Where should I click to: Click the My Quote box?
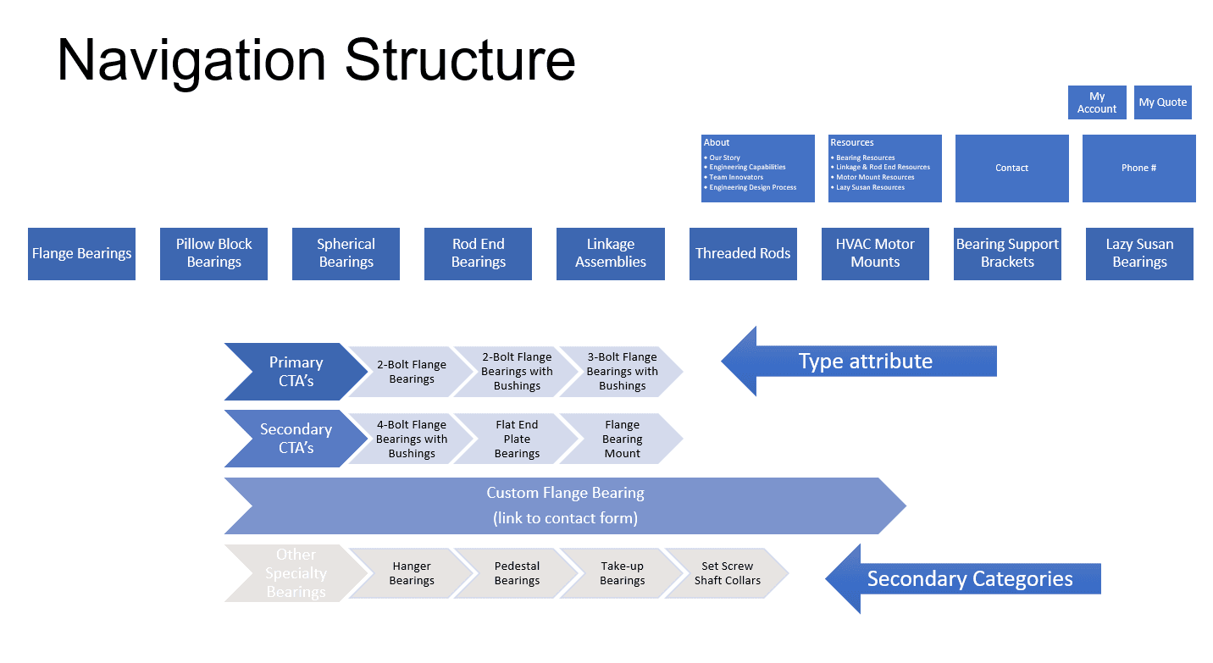pyautogui.click(x=1162, y=102)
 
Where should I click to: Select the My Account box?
pyautogui.click(x=1097, y=102)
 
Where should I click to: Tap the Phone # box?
pyautogui.click(x=1138, y=169)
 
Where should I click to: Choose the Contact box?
pyautogui.click(x=1011, y=169)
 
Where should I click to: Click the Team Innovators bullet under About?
pyautogui.click(x=736, y=178)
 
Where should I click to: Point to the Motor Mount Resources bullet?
pyautogui.click(x=875, y=178)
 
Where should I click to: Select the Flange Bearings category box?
pyautogui.click(x=81, y=254)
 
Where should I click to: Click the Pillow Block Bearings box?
pyautogui.click(x=213, y=254)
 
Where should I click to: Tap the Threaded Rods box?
pyautogui.click(x=743, y=254)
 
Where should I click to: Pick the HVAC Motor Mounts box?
pyautogui.click(x=875, y=254)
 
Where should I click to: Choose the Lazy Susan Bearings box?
pyautogui.click(x=1139, y=254)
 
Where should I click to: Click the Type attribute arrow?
pyautogui.click(x=864, y=362)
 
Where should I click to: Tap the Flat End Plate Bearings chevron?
pyautogui.click(x=517, y=439)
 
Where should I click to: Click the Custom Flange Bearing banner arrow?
pyautogui.click(x=565, y=506)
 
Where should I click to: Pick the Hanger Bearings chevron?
pyautogui.click(x=412, y=573)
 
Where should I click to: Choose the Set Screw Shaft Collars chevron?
pyautogui.click(x=728, y=573)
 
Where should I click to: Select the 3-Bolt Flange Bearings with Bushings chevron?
pyautogui.click(x=623, y=372)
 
